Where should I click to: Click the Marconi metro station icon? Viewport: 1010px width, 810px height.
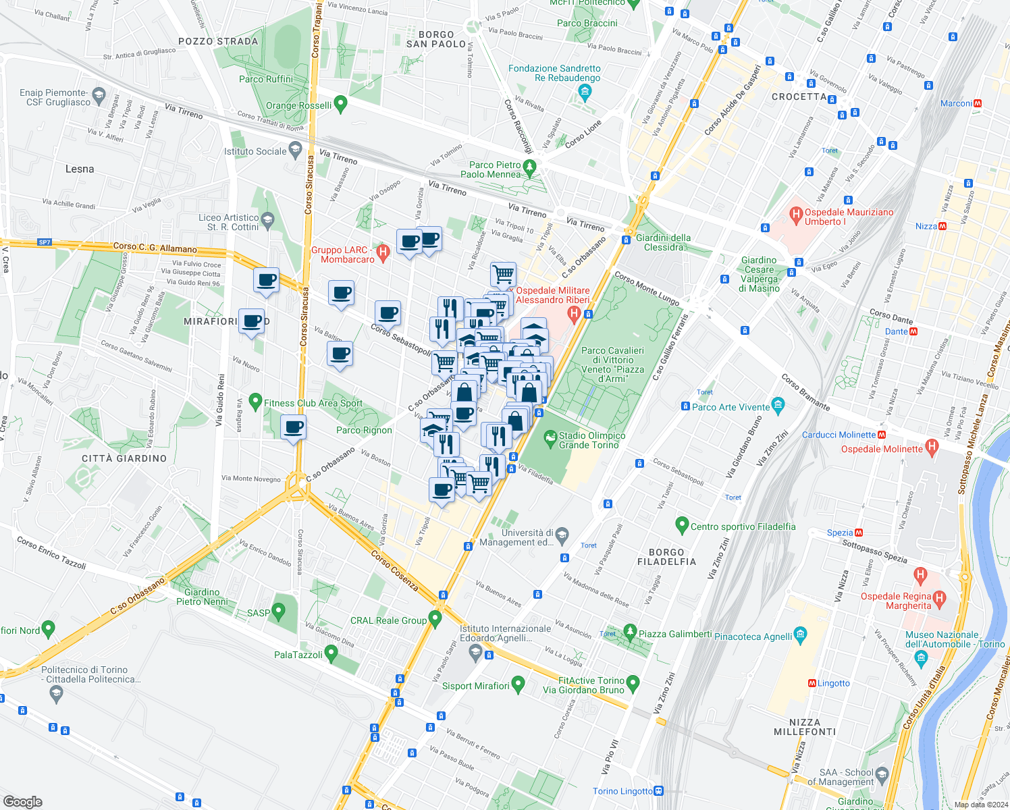[x=978, y=103]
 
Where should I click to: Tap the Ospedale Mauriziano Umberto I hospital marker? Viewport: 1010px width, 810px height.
[x=796, y=216]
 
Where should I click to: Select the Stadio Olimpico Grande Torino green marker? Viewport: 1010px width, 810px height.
[x=551, y=439]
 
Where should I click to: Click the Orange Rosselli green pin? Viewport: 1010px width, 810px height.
[x=341, y=104]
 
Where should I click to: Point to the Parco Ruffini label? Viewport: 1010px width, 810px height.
[x=266, y=79]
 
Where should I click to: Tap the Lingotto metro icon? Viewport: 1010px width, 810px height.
[x=812, y=683]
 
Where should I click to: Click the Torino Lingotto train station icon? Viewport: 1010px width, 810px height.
[x=659, y=791]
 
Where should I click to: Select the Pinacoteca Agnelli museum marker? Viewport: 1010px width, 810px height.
[x=801, y=634]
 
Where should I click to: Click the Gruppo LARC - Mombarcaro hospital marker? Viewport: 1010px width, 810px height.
[x=383, y=253]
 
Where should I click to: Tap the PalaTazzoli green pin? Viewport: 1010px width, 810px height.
[x=331, y=653]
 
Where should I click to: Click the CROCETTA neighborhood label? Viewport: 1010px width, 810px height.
[x=799, y=97]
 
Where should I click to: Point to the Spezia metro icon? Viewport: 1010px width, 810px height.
[x=859, y=533]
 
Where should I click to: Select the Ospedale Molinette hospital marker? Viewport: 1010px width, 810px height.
[x=932, y=446]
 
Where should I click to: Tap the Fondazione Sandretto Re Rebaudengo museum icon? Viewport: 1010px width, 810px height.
[x=585, y=91]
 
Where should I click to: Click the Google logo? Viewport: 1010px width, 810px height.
[x=22, y=802]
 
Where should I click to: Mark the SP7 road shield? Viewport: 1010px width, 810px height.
[x=45, y=242]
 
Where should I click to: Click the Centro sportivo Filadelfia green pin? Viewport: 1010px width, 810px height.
[x=682, y=524]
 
